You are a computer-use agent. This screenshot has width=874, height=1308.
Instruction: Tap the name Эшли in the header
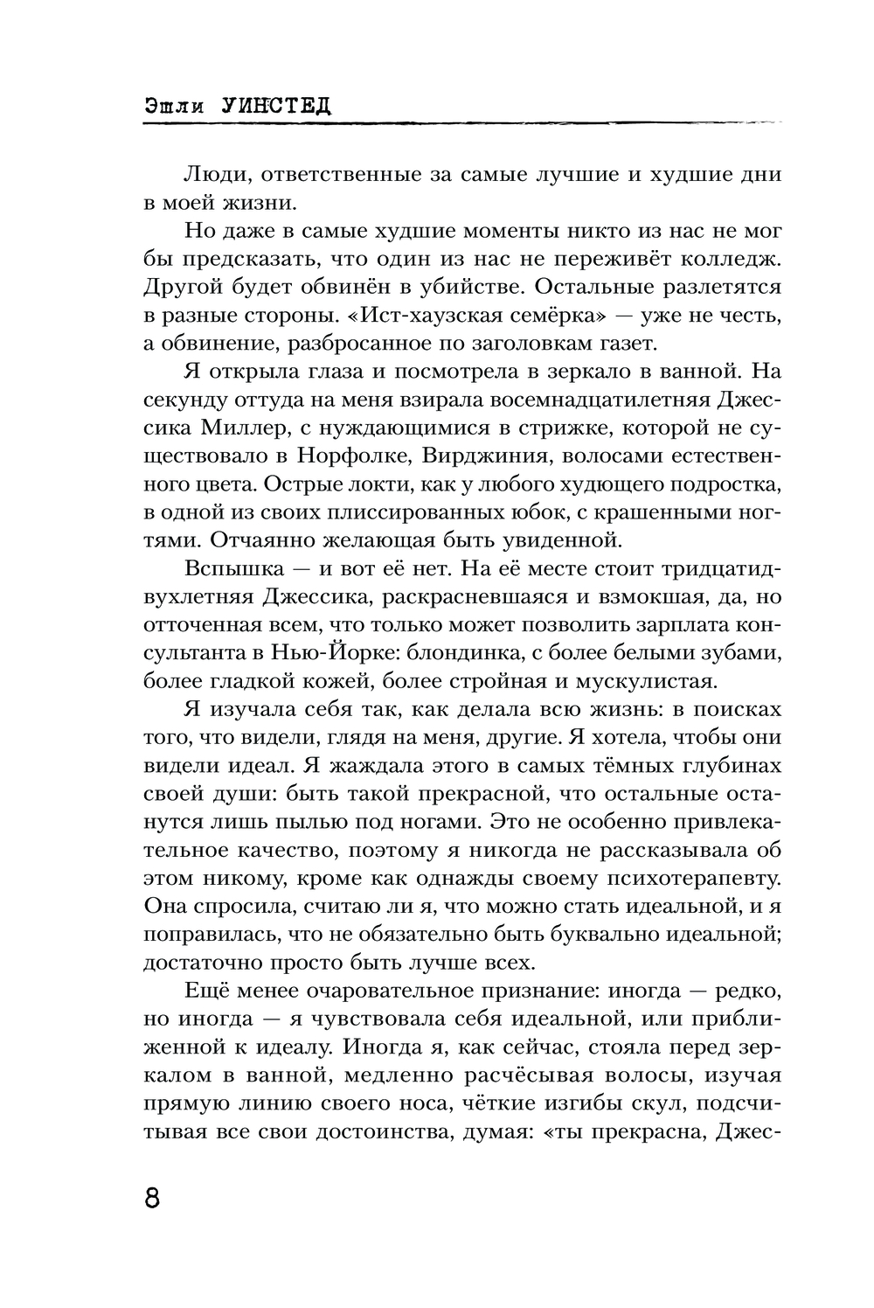pos(176,107)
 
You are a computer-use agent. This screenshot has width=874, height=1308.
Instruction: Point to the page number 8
pos(152,1197)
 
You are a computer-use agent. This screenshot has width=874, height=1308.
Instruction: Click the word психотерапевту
pos(688,879)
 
